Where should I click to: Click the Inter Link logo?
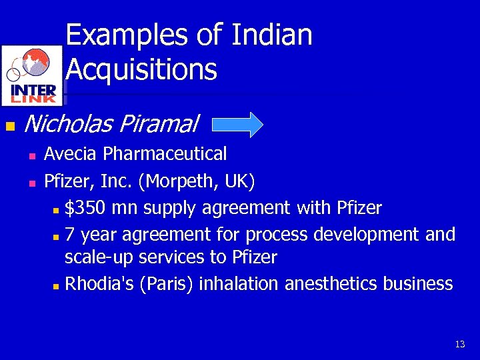coord(33,75)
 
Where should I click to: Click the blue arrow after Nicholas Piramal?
coord(239,125)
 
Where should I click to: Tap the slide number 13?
coord(459,345)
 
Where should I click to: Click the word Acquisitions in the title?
coord(142,69)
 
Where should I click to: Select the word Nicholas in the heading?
coord(67,124)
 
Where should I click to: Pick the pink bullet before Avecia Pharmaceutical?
coord(31,156)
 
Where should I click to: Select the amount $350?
coord(85,209)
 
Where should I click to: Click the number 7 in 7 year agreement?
coord(70,235)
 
